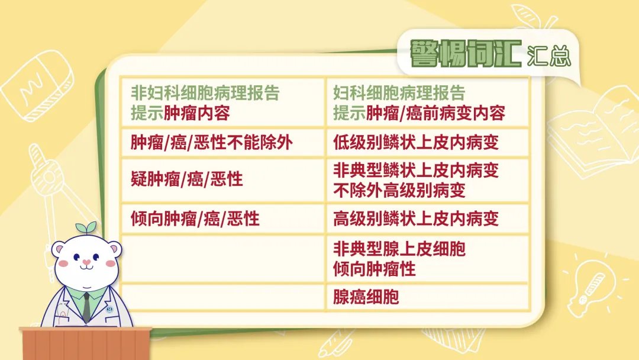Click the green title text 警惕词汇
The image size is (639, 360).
click(466, 53)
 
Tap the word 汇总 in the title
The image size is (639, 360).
click(548, 56)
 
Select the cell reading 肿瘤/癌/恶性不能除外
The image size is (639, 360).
click(223, 143)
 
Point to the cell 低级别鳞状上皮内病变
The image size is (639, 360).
click(428, 143)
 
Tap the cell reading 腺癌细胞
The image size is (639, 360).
click(428, 297)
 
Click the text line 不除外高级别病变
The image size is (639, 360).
click(399, 191)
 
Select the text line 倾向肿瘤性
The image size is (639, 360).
click(375, 269)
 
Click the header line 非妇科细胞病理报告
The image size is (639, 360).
click(205, 93)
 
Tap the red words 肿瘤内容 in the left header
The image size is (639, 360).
click(197, 113)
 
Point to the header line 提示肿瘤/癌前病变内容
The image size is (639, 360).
click(419, 113)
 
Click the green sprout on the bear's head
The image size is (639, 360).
click(86, 227)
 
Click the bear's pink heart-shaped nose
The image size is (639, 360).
click(86, 262)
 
